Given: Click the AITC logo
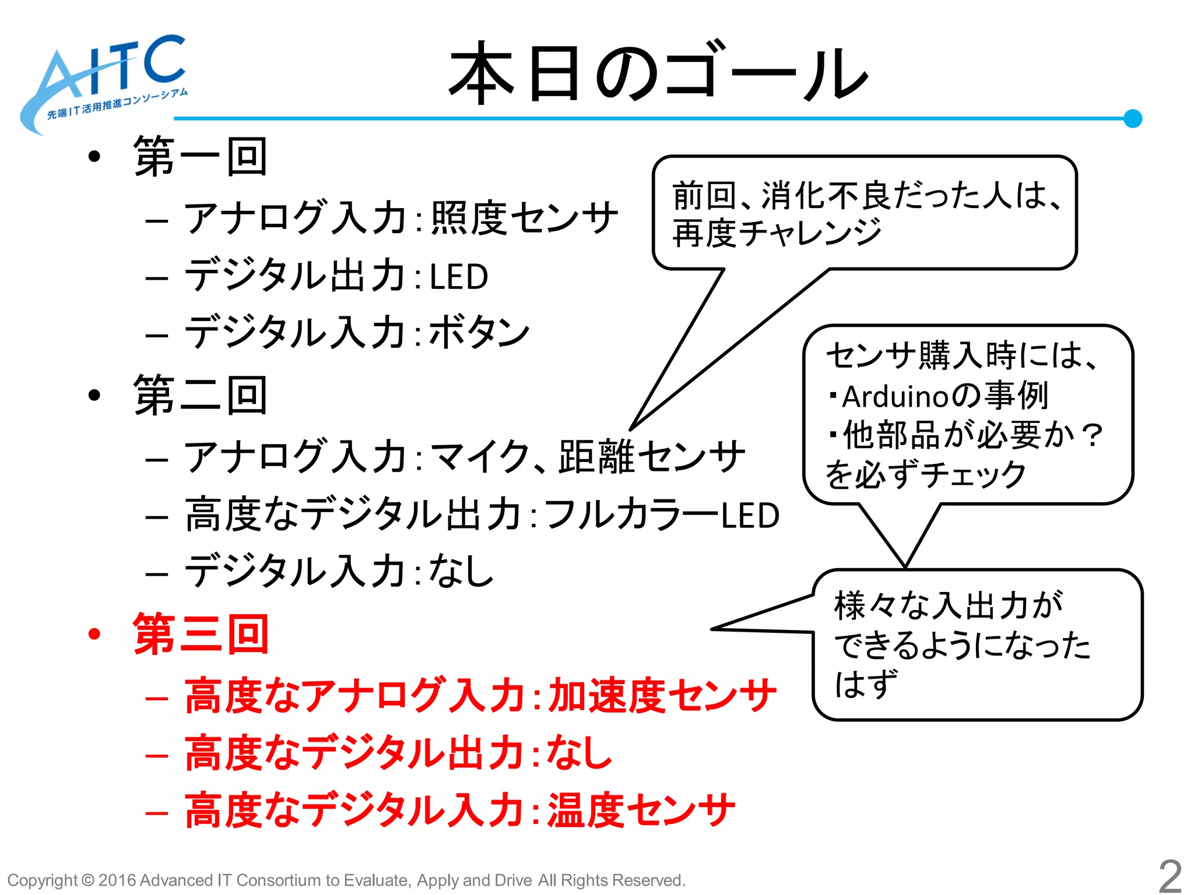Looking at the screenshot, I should [x=105, y=82].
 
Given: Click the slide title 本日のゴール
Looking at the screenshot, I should [x=659, y=73].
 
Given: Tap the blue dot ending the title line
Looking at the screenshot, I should [x=1132, y=118].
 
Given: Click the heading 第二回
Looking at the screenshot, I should [x=201, y=395].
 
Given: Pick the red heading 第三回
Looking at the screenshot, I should [x=201, y=634].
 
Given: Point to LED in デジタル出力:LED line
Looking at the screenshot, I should [x=459, y=276].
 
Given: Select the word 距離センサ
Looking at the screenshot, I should [x=652, y=456].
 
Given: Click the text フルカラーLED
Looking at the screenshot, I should [x=662, y=515].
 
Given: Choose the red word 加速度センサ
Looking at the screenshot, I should [x=662, y=696].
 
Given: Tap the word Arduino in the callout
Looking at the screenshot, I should [x=895, y=397].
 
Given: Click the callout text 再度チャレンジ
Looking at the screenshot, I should [x=777, y=232].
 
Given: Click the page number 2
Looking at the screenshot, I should [x=1170, y=875].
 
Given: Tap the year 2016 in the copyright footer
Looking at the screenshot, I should [x=117, y=880].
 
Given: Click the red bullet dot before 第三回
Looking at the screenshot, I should [x=94, y=634].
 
